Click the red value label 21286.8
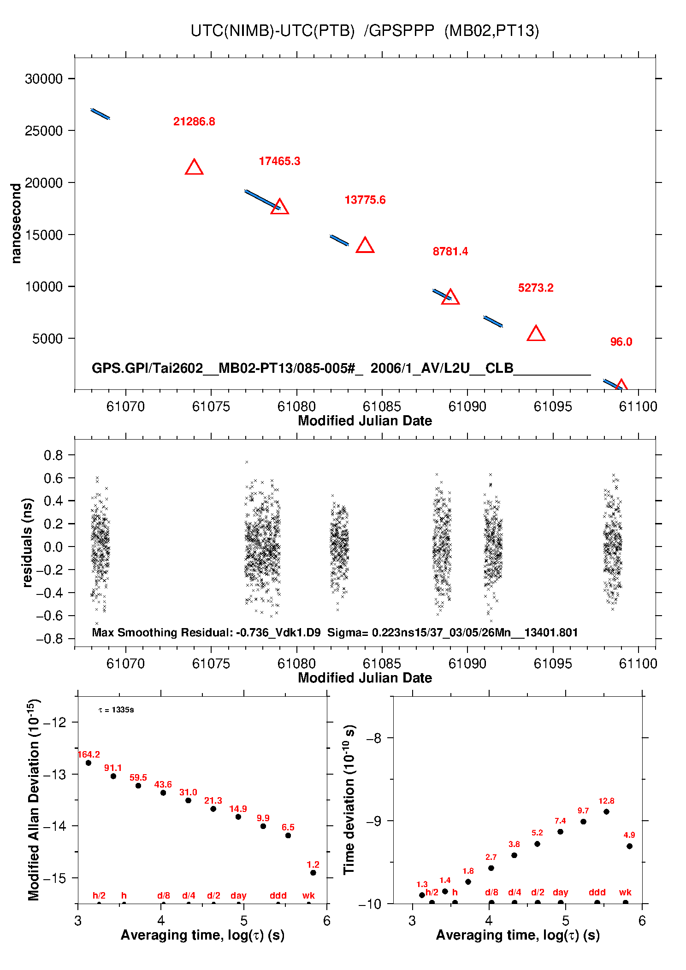(194, 122)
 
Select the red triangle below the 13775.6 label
(365, 246)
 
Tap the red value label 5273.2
(536, 288)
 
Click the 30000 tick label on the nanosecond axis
(44, 79)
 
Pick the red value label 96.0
(621, 342)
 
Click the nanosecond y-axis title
(16, 223)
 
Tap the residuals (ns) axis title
(28, 542)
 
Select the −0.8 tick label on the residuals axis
(50, 639)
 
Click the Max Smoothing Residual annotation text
(335, 632)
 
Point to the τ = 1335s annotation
(116, 710)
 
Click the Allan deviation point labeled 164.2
(89, 763)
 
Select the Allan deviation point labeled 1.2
(313, 873)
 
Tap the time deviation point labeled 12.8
(606, 812)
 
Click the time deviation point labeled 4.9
(629, 846)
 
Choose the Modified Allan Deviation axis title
(34, 800)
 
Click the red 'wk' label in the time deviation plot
(625, 893)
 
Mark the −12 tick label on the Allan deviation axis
(55, 723)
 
